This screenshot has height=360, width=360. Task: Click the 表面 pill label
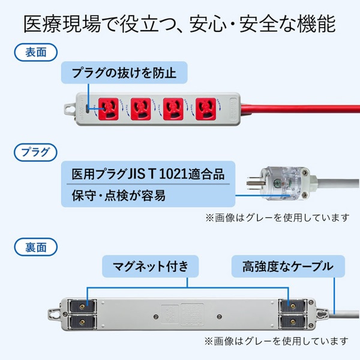click(x=34, y=52)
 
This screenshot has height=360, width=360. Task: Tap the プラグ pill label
click(x=34, y=149)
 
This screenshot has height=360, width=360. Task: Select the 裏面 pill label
click(x=34, y=246)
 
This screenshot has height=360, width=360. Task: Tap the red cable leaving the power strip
click(x=300, y=109)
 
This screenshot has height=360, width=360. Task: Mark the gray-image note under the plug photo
click(x=276, y=217)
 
